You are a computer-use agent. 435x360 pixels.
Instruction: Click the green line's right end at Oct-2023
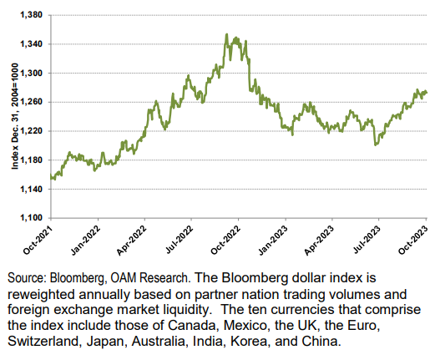coord(426,92)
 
